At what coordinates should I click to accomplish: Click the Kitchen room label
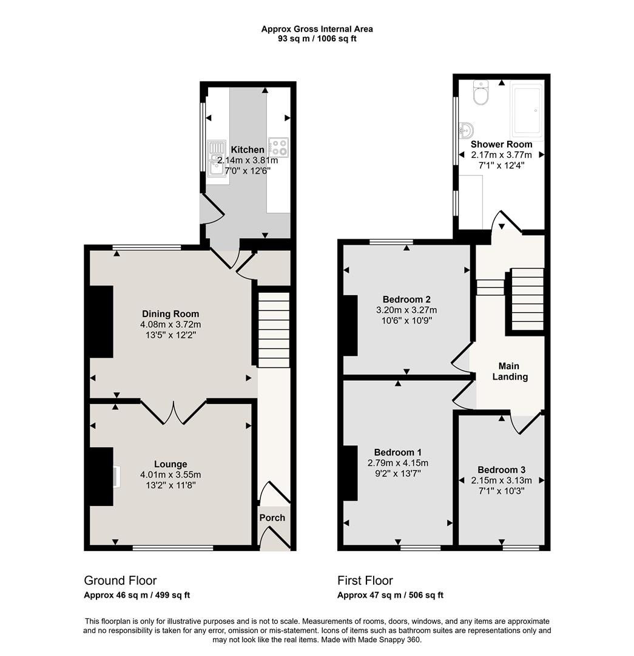point(248,149)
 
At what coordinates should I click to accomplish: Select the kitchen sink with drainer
point(215,157)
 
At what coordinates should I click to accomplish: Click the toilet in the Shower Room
point(481,94)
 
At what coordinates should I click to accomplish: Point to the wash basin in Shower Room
point(467,129)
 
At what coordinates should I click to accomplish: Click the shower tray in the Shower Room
point(527,111)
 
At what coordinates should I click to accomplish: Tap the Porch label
point(272,518)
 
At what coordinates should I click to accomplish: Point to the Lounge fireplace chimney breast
point(101,476)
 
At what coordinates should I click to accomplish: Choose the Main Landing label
point(509,371)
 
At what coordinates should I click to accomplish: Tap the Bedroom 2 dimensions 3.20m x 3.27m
point(406,310)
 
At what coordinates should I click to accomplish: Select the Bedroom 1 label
point(398,453)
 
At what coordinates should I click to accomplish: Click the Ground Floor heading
point(120,581)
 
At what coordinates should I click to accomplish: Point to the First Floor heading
point(365,581)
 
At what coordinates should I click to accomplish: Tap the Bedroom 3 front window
point(521,547)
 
